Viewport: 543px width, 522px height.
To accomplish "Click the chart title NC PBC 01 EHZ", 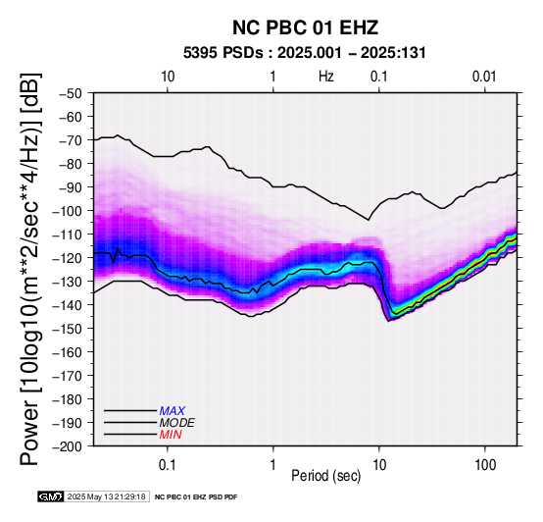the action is (305, 27).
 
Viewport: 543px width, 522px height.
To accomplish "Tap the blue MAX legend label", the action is (173, 411).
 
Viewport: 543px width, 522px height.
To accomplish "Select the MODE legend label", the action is (177, 423).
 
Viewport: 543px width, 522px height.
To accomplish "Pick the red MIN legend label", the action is (171, 435).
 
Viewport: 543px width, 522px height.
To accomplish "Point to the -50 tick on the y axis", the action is (71, 93).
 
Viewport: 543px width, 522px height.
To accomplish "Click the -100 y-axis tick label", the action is (68, 211).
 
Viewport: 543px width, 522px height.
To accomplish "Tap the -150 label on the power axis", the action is (68, 329).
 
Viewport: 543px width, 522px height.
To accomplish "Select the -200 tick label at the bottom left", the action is (68, 446).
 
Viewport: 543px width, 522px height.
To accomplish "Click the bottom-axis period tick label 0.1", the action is (168, 465).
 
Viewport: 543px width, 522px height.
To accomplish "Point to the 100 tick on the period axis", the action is (485, 465).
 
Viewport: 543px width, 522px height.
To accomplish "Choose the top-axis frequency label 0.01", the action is (484, 77).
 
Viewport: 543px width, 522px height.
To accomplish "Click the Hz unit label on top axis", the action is (325, 77).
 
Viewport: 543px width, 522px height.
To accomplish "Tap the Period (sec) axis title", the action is (325, 476).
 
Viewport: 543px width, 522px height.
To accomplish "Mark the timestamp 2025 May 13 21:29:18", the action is (106, 496).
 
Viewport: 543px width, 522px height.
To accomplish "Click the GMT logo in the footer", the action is (51, 496).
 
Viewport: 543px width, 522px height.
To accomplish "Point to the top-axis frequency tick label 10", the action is (168, 77).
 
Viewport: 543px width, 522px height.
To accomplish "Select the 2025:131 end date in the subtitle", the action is (393, 53).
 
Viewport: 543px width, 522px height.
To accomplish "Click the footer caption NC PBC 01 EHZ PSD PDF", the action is (196, 497).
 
